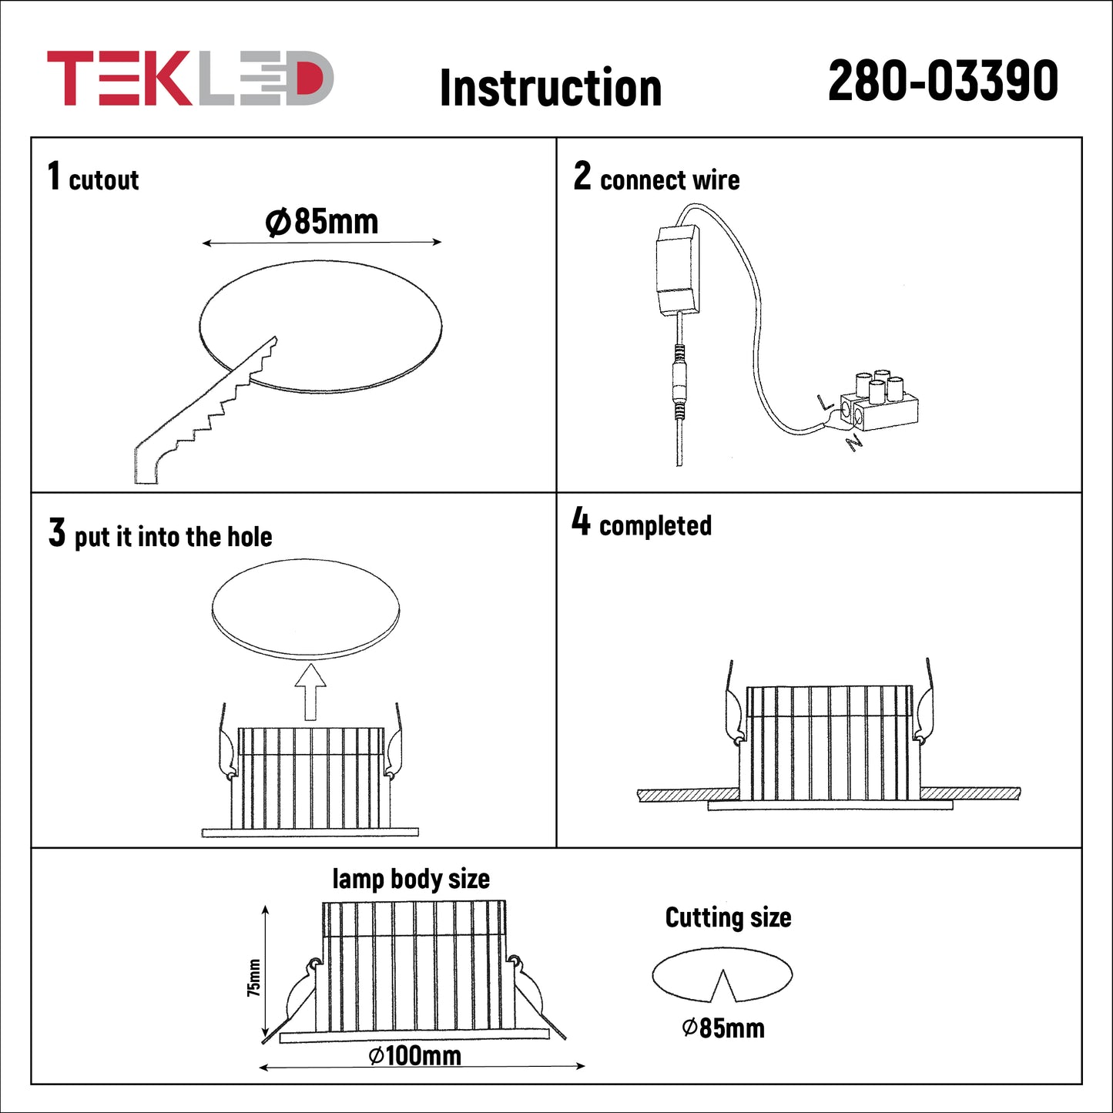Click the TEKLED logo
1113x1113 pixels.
tap(190, 78)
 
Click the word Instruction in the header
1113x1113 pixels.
tap(551, 88)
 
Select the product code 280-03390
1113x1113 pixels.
tap(943, 81)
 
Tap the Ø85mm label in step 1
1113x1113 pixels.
tap(322, 222)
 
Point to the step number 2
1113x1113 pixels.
tap(582, 176)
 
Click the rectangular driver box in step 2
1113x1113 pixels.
tap(678, 270)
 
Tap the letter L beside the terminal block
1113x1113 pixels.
tap(826, 401)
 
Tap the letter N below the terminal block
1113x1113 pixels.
tap(853, 443)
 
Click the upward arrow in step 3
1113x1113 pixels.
tap(310, 692)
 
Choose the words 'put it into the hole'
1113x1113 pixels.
tap(173, 537)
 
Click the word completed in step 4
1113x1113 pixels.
tap(655, 525)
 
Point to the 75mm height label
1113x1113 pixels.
tap(253, 977)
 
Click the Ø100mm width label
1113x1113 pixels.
tap(414, 1056)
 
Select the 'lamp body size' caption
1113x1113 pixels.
tap(411, 879)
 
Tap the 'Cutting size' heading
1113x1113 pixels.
tap(729, 917)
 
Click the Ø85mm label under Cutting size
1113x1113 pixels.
tap(723, 1028)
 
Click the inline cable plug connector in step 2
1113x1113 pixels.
tap(680, 381)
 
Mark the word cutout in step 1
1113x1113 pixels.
tap(104, 180)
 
